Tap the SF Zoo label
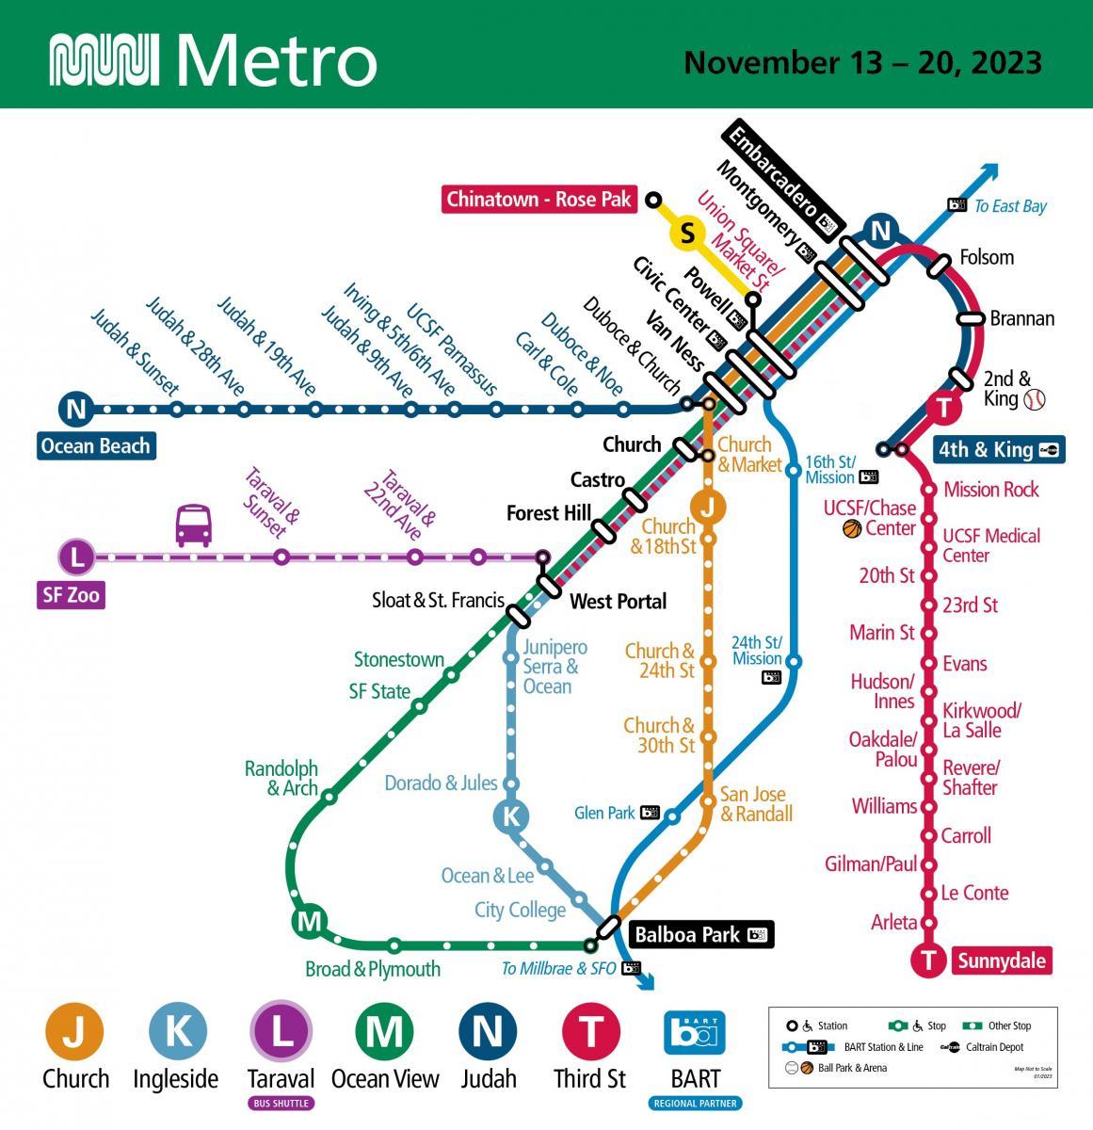click(71, 595)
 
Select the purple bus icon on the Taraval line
click(194, 525)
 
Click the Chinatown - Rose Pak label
click(539, 200)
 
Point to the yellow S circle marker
click(688, 233)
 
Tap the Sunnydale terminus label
click(1002, 960)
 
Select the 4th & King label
click(985, 450)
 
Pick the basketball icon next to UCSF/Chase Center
click(852, 528)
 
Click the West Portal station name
click(619, 601)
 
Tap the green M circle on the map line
click(309, 922)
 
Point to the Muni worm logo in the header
click(103, 61)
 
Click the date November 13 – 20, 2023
click(862, 62)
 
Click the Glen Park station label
click(605, 813)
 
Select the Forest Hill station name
click(549, 513)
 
